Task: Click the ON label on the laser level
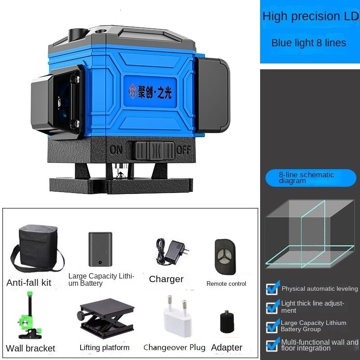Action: pos(116,150)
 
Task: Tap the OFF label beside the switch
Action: pos(183,150)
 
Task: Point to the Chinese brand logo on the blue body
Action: pos(150,92)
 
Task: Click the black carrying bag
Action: pos(37,248)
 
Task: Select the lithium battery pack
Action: pos(100,249)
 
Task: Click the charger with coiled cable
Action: pos(172,252)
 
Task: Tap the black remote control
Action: pos(225,256)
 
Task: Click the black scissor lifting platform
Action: pos(106,318)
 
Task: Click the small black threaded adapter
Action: pos(227,322)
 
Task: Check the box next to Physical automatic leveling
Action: pos(273,288)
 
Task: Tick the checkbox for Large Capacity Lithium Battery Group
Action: pos(273,326)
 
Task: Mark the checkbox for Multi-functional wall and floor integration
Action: pos(273,345)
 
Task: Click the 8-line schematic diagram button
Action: pos(310,178)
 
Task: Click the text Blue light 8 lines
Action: pos(309,43)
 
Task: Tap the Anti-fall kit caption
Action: pos(29,283)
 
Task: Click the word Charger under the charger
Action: pos(166,279)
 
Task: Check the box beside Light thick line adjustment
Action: pos(273,307)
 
